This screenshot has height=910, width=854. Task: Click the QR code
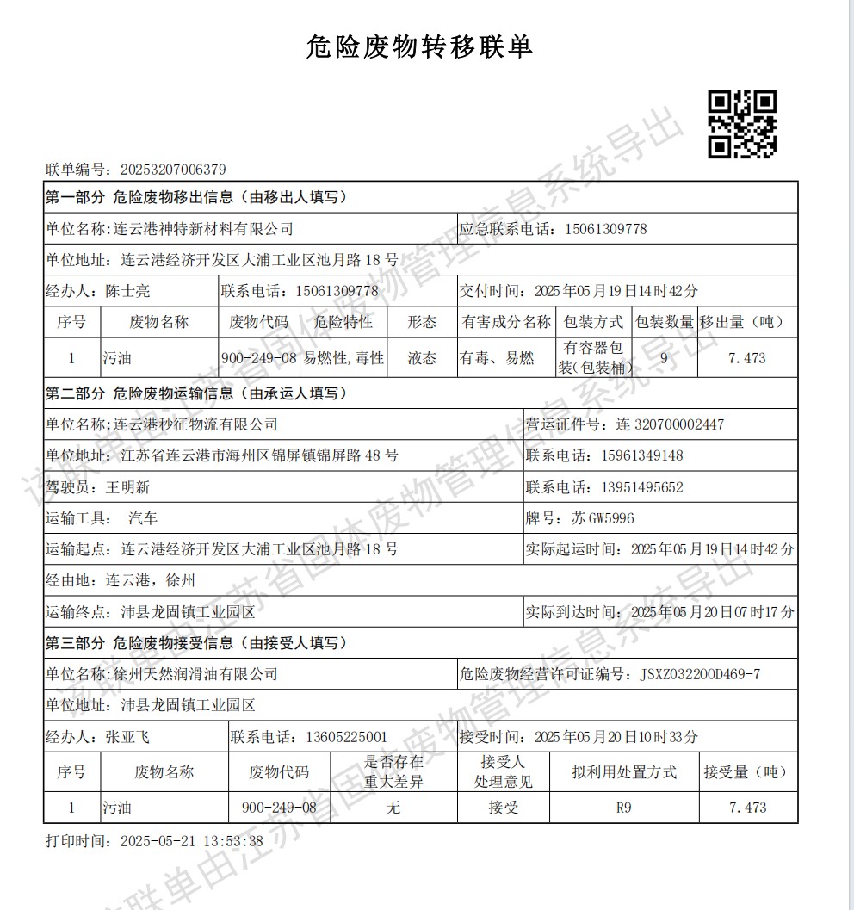click(x=742, y=125)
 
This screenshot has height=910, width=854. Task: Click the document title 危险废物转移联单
click(x=419, y=46)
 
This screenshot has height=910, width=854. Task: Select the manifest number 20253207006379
click(x=173, y=170)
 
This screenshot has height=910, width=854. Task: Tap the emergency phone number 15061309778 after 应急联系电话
click(x=606, y=229)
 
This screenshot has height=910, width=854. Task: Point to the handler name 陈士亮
click(x=127, y=291)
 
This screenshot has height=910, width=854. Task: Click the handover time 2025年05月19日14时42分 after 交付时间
click(x=616, y=291)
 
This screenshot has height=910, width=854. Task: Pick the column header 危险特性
click(x=343, y=323)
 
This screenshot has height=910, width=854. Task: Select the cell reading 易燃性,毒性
click(x=343, y=358)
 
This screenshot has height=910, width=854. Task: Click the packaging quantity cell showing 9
click(x=663, y=358)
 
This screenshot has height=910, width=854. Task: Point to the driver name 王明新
click(x=127, y=487)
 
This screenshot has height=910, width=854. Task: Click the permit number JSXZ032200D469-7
click(x=700, y=674)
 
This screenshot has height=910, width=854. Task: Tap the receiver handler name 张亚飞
click(x=127, y=737)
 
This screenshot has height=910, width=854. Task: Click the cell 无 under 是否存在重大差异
click(x=393, y=808)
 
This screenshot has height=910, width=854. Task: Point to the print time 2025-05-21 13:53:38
click(x=179, y=840)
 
